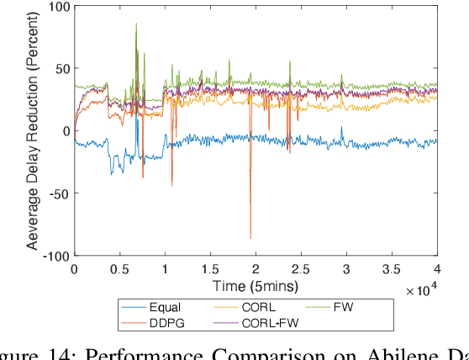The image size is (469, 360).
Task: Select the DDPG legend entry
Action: click(x=167, y=323)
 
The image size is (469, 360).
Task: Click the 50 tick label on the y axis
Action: click(x=61, y=68)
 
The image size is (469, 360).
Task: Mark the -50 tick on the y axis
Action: click(x=57, y=193)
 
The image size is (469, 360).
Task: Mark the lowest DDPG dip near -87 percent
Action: click(x=250, y=238)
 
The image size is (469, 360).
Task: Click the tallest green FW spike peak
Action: click(x=136, y=24)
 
